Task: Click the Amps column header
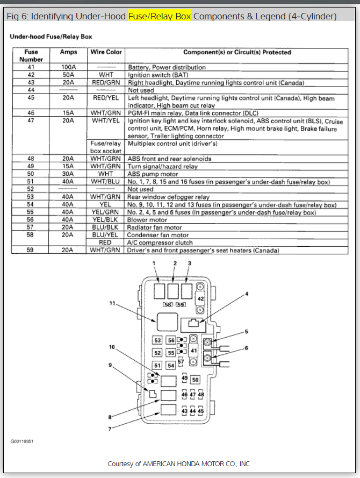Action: tap(69, 52)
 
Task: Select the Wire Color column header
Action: tap(106, 52)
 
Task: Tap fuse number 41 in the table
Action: tap(31, 67)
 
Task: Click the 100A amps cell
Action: tap(69, 67)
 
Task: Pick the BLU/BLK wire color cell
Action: tap(106, 227)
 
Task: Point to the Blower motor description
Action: tap(147, 220)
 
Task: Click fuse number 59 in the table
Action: tap(31, 250)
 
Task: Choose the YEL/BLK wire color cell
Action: tap(106, 220)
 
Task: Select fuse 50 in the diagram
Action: tap(195, 380)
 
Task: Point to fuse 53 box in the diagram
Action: tap(157, 341)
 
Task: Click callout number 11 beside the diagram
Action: tap(113, 304)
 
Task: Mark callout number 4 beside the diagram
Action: tap(247, 294)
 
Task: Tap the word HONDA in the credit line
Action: tap(188, 463)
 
